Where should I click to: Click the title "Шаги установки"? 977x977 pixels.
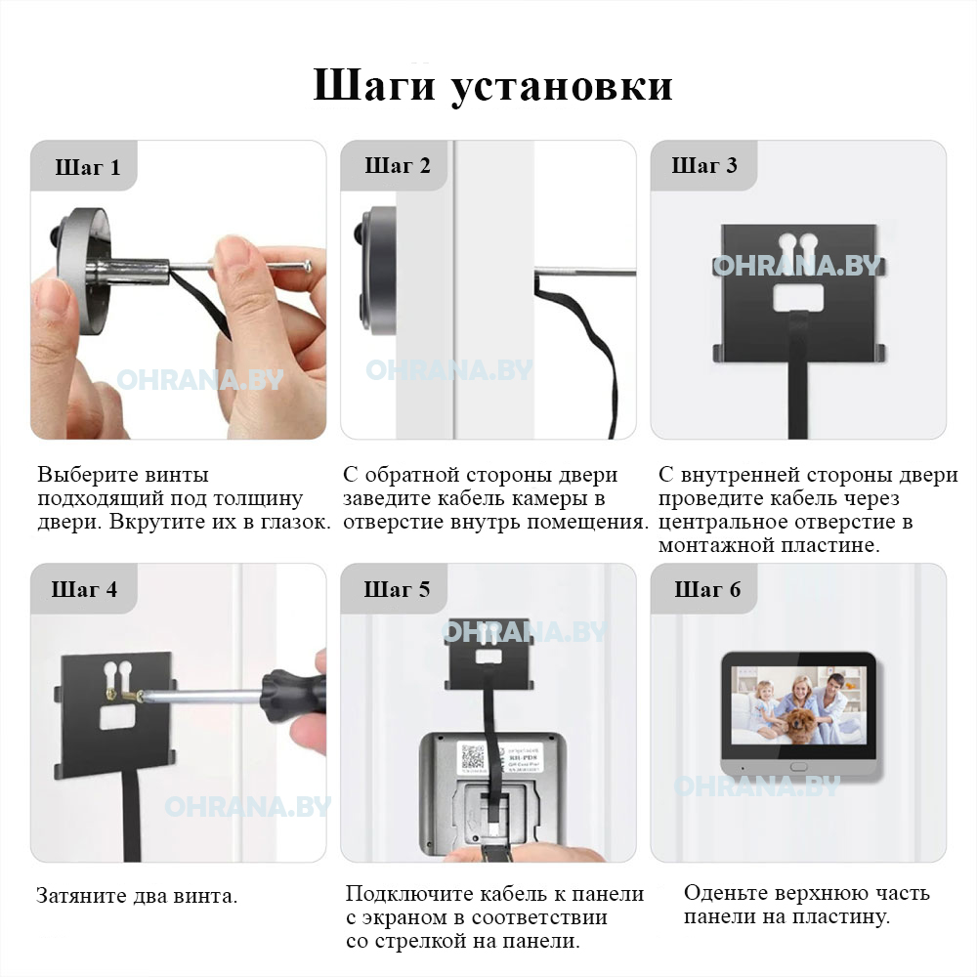[492, 85]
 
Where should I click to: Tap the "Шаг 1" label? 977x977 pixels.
[88, 168]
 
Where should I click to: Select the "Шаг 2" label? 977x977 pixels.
[398, 166]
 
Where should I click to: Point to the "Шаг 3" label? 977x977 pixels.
[704, 166]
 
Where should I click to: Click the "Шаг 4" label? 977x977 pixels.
[84, 589]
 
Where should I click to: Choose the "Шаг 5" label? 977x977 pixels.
[397, 589]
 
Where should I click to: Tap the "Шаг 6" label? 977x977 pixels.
[707, 589]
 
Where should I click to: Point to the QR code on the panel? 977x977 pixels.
[473, 758]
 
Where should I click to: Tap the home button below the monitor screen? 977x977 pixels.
[799, 766]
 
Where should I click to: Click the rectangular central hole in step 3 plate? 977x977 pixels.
[798, 297]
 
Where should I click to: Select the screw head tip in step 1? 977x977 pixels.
[307, 267]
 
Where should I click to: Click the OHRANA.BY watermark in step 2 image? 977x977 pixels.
[449, 370]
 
